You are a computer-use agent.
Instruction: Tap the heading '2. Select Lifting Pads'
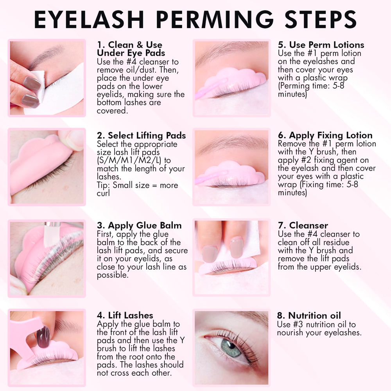click(142, 135)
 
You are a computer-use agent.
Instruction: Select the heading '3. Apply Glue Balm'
click(139, 226)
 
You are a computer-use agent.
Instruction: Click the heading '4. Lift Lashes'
click(125, 315)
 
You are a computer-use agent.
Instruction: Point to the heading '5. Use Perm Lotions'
click(321, 45)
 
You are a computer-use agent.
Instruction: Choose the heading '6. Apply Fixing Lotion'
click(325, 135)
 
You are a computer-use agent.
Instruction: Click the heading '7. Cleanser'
click(303, 226)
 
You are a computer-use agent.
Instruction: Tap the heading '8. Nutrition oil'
click(309, 316)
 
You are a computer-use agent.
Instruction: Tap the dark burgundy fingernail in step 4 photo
click(43, 337)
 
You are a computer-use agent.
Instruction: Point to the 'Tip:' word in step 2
click(104, 185)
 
